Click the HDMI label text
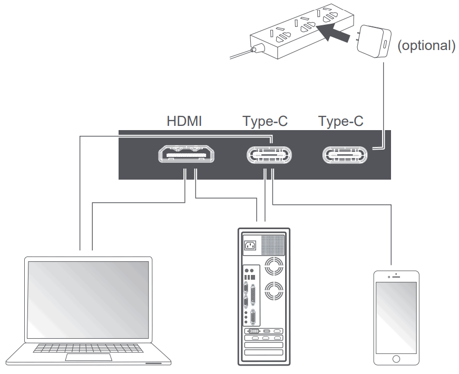pos(184,122)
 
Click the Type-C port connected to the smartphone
pos(269,154)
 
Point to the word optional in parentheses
pos(425,45)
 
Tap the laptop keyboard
pos(88,349)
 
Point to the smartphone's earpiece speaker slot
pos(396,276)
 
